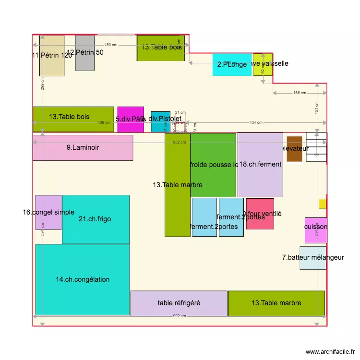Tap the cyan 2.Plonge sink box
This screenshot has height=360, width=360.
232,64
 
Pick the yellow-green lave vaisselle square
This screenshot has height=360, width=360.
263,64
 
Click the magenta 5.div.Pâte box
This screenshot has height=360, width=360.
131,120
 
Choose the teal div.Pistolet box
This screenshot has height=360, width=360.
161,122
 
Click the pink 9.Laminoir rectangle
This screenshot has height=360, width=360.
83,148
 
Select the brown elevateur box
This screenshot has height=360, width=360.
294,149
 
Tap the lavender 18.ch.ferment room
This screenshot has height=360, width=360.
260,165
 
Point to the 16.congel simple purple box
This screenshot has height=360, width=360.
48,212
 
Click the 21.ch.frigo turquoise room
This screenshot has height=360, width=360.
96,219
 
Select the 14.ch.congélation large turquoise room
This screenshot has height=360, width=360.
83,279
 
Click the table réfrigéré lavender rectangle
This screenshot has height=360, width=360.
179,303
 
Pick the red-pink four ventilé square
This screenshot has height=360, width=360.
260,214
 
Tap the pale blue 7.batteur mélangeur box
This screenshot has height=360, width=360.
312,258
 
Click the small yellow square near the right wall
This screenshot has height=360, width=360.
323,204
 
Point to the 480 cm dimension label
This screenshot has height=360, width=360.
111,45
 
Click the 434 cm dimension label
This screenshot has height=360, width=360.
256,122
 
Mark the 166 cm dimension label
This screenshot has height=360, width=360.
299,93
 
